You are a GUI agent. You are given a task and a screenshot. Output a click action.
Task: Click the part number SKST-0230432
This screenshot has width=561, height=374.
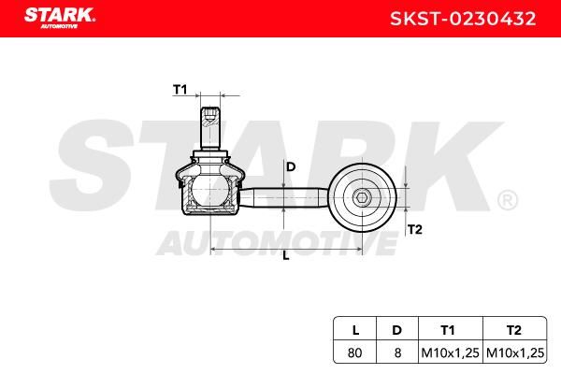pyautogui.click(x=463, y=19)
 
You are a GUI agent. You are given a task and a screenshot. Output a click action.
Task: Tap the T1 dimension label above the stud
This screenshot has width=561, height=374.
pyautogui.click(x=180, y=90)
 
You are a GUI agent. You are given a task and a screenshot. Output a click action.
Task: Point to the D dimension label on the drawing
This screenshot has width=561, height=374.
pyautogui.click(x=291, y=166)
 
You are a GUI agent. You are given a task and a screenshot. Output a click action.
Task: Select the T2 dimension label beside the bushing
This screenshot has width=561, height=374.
pyautogui.click(x=414, y=229)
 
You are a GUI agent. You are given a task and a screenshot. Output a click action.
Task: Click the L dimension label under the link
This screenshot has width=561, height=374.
pyautogui.click(x=286, y=255)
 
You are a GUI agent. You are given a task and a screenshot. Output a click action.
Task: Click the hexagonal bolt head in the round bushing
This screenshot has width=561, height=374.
pyautogui.click(x=362, y=197)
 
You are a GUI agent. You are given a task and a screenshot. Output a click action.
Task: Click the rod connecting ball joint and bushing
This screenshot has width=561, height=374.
pyautogui.click(x=283, y=197)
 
